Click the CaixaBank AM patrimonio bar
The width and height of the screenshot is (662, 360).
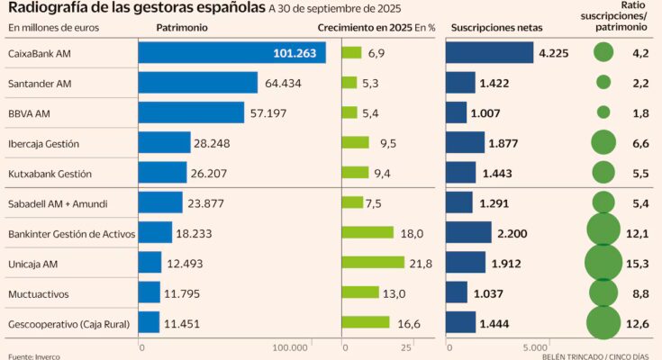click(231, 53)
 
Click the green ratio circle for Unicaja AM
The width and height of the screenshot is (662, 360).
click(603, 262)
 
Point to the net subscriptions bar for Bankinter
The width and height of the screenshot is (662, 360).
click(469, 232)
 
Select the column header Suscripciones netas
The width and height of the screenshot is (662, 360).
click(496, 27)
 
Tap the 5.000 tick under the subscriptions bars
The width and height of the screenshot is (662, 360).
click(537, 346)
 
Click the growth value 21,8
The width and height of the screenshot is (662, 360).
click(421, 263)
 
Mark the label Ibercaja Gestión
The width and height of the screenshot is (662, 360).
click(43, 142)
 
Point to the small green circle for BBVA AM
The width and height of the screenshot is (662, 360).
click(603, 112)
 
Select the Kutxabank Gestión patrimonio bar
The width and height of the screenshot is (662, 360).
click(163, 172)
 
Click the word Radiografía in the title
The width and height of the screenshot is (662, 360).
click(46, 8)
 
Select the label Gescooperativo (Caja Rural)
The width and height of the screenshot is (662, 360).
click(68, 322)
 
